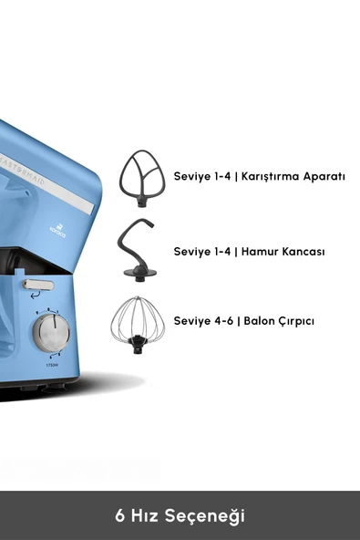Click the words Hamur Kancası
coord(283,250)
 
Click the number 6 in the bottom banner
coord(119,515)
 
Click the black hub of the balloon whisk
coord(137,343)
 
